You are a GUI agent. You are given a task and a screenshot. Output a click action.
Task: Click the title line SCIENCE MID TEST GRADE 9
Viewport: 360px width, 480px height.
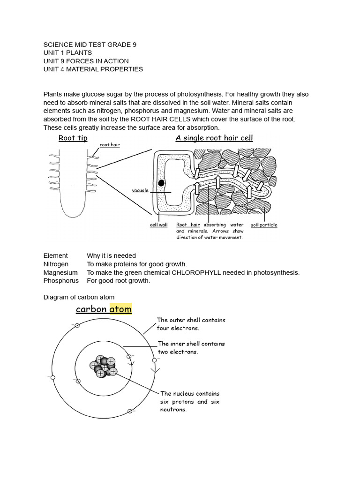coord(90,45)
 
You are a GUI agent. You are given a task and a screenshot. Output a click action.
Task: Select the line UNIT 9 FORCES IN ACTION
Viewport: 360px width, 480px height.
coord(86,61)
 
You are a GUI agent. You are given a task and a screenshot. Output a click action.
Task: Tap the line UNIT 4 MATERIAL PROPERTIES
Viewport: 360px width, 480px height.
coord(93,69)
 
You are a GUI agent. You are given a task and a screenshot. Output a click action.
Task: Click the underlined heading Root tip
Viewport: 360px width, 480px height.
coord(73,138)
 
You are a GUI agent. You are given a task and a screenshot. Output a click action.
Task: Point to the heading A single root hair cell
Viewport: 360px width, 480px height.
coord(214,138)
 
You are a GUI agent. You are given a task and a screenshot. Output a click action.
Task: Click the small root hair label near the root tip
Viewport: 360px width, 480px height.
coord(110,145)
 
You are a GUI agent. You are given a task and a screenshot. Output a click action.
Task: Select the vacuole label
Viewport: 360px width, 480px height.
coord(140,191)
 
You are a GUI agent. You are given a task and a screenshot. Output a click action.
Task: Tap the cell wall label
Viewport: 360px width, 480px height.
coord(158,225)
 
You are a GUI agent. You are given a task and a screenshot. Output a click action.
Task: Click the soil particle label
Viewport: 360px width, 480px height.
coord(264,225)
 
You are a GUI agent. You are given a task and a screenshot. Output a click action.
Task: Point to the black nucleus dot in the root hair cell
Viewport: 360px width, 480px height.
coord(161,183)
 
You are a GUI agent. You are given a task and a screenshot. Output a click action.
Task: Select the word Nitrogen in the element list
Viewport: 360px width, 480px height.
coord(56,264)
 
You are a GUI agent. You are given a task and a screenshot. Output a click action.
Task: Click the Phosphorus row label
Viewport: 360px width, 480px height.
coord(61,281)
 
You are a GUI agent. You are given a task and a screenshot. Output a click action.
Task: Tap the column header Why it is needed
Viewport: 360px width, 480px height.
coord(111,255)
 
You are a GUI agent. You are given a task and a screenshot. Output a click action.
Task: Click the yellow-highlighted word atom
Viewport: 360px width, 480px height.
coord(120,309)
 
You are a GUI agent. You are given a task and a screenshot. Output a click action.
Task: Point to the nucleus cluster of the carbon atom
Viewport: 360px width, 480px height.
coord(103,366)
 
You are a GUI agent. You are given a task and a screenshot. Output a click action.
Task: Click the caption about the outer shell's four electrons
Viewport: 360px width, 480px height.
coord(191,324)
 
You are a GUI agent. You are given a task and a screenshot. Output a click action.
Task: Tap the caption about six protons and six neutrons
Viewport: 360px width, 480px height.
coord(190,401)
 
